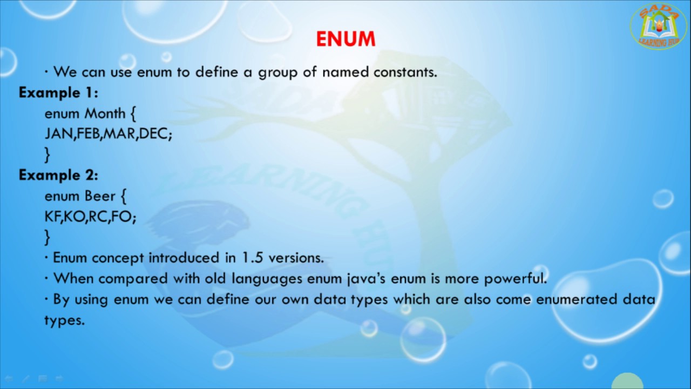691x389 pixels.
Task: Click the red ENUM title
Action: coord(345,39)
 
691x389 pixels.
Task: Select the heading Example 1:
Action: coord(58,92)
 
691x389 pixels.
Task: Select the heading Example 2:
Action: coord(58,175)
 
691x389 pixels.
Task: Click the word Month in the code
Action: coord(105,113)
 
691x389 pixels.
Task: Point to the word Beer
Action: coord(100,196)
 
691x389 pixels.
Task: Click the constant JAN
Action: coord(58,134)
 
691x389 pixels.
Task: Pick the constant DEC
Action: coord(153,134)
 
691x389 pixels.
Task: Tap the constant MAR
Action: coord(119,134)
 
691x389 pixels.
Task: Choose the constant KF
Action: coord(52,217)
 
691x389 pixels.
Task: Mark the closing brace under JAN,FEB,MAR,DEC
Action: coord(48,155)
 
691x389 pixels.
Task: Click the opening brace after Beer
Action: coord(124,196)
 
